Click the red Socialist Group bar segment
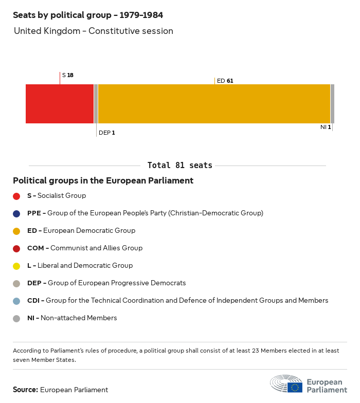pos(60,104)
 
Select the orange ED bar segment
pos(214,104)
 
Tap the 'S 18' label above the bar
pos(67,75)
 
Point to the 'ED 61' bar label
pos(225,81)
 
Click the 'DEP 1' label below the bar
pos(106,133)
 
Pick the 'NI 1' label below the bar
pos(326,127)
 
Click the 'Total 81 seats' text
pos(179,166)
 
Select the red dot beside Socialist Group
pos(16,196)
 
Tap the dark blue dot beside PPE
pos(16,213)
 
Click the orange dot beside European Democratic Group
pos(16,231)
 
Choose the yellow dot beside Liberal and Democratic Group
pos(16,266)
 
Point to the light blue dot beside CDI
pos(16,301)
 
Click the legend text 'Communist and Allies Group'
pos(96,248)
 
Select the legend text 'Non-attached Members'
pos(79,318)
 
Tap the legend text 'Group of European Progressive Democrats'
pos(117,283)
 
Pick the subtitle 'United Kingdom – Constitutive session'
pos(94,31)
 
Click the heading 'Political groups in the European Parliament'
pos(103,180)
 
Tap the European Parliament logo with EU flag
pos(309,384)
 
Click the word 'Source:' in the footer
pos(25,390)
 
